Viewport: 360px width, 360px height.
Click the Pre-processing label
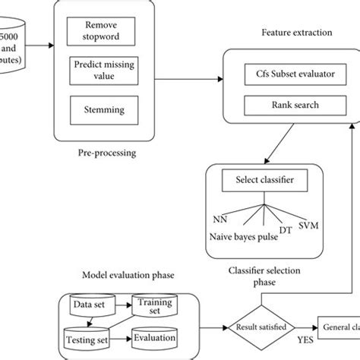tap(107, 152)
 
